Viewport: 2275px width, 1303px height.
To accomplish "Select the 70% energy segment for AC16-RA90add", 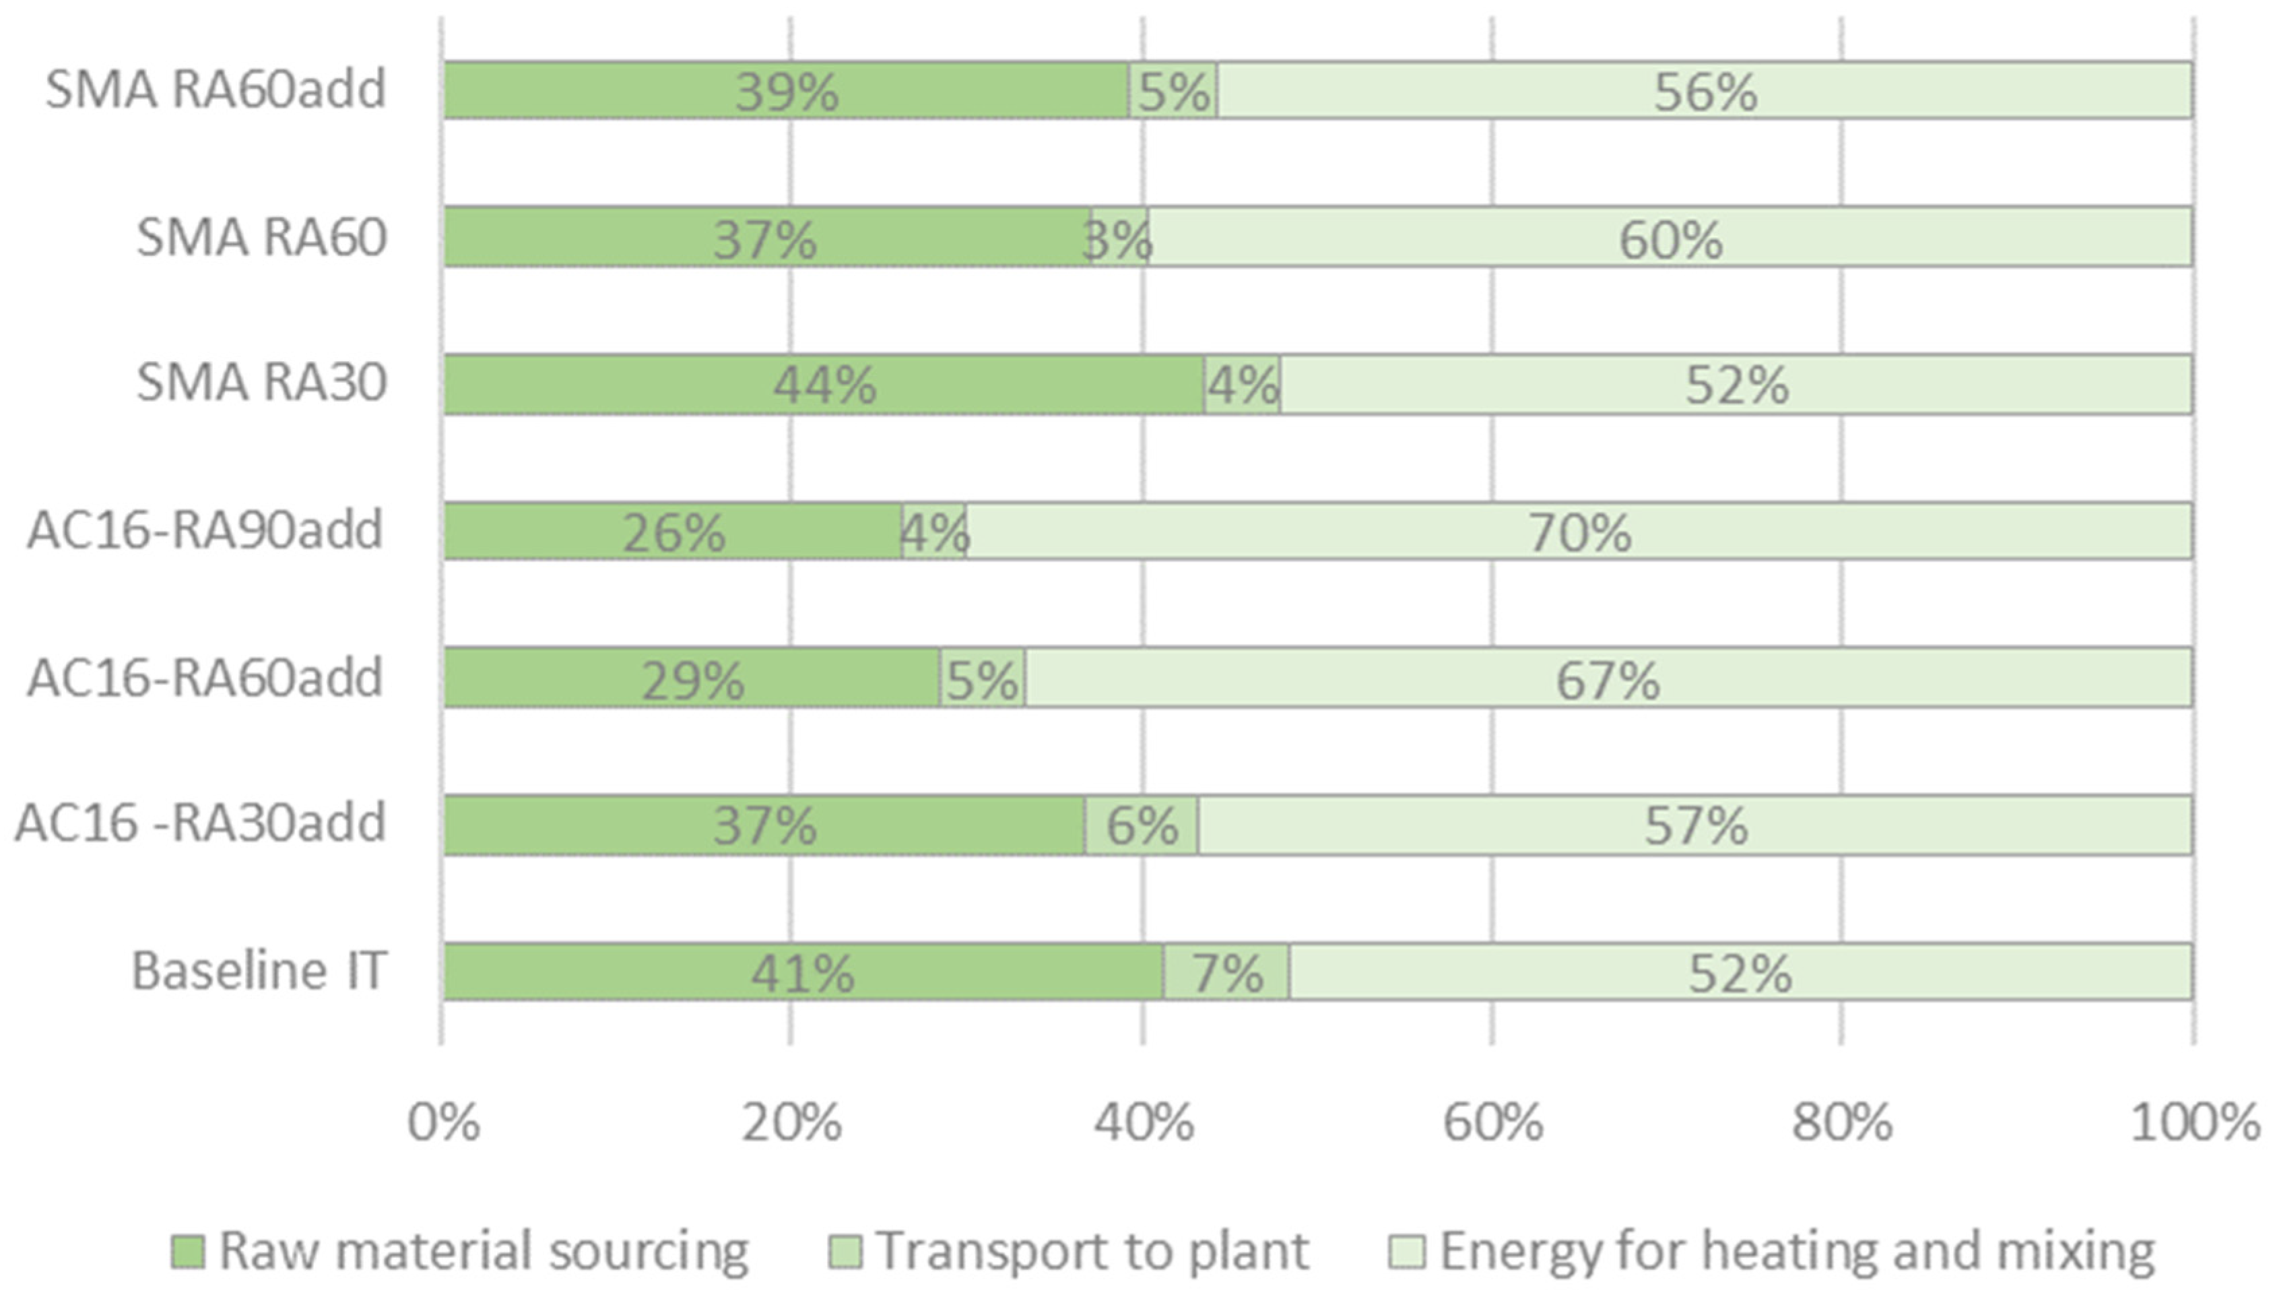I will (1579, 532).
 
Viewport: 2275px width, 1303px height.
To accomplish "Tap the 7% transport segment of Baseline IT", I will (1226, 972).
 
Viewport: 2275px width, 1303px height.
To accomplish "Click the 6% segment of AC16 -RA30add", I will (1142, 825).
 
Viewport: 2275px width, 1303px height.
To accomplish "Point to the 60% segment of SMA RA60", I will (1670, 238).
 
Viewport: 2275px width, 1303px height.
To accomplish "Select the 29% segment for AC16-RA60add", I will (692, 678).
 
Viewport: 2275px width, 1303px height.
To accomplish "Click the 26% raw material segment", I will (673, 532).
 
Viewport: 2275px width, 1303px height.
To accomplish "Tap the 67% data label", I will (1608, 680).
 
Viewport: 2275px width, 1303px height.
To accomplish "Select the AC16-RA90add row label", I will (205, 530).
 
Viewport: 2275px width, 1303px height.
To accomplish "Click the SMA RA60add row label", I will (216, 90).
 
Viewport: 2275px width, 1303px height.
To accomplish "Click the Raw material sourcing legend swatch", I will (188, 1252).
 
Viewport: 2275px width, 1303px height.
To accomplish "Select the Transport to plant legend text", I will (1092, 1251).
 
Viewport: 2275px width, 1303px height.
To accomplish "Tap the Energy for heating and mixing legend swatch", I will (1406, 1252).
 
